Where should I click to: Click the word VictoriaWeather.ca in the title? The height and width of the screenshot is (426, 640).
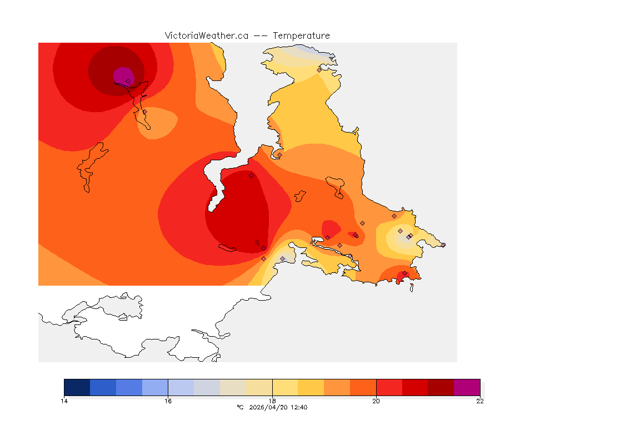tap(206, 35)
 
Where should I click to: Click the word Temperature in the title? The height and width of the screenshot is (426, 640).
tap(301, 35)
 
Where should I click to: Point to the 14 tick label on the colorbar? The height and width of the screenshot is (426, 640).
tap(64, 401)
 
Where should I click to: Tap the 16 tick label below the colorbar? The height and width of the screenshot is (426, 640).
tap(168, 401)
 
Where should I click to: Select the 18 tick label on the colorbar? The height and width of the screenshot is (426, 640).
tap(272, 401)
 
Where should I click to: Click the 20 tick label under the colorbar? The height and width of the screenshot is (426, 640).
tap(376, 401)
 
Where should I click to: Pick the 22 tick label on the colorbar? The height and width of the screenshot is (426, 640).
tap(479, 401)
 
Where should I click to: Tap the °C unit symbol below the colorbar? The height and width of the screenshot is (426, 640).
tap(240, 408)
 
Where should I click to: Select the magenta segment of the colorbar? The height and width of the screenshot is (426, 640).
tap(467, 387)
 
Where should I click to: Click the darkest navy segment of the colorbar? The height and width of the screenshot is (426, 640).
tap(77, 387)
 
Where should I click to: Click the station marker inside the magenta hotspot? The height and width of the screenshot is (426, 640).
tap(128, 81)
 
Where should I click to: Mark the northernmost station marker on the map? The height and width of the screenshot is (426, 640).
tap(319, 70)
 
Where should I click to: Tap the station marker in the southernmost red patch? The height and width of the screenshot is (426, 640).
tap(404, 273)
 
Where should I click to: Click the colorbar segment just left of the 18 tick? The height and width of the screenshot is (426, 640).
tap(259, 387)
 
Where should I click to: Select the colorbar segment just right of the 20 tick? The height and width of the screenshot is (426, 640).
tap(389, 387)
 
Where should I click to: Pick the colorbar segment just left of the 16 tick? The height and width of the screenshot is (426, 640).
tap(155, 387)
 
